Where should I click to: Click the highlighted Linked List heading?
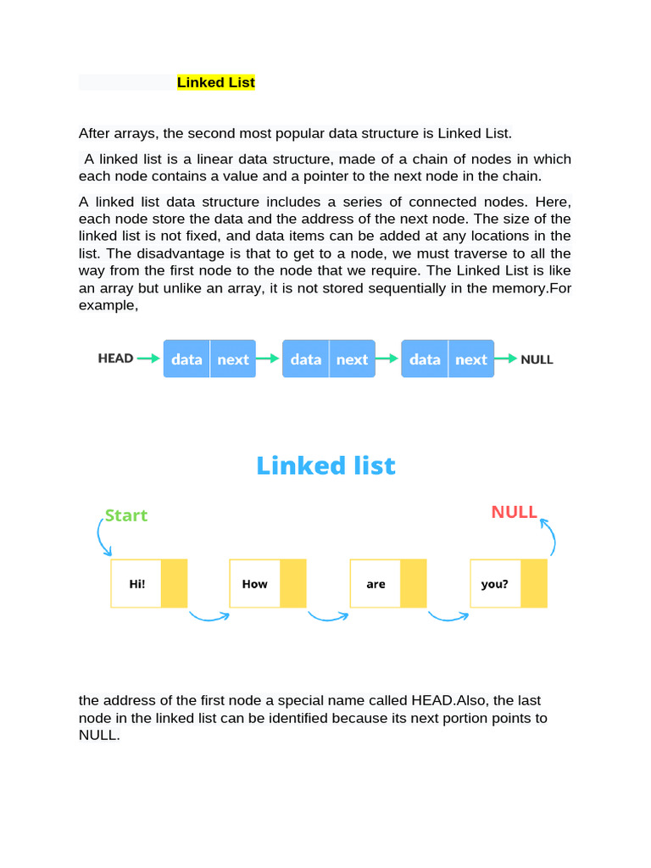pyautogui.click(x=215, y=82)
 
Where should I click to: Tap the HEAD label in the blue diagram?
pyautogui.click(x=115, y=359)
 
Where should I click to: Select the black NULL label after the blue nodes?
pyautogui.click(x=537, y=359)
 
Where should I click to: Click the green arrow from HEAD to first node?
pyautogui.click(x=148, y=359)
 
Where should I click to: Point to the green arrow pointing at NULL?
pyautogui.click(x=505, y=359)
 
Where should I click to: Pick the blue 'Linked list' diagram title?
pyautogui.click(x=325, y=465)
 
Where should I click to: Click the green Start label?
pyautogui.click(x=125, y=515)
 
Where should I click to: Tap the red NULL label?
pyautogui.click(x=514, y=512)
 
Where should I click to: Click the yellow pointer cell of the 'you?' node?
pyautogui.click(x=534, y=583)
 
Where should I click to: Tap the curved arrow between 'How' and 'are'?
pyautogui.click(x=328, y=616)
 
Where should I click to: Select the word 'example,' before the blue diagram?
pyautogui.click(x=108, y=305)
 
